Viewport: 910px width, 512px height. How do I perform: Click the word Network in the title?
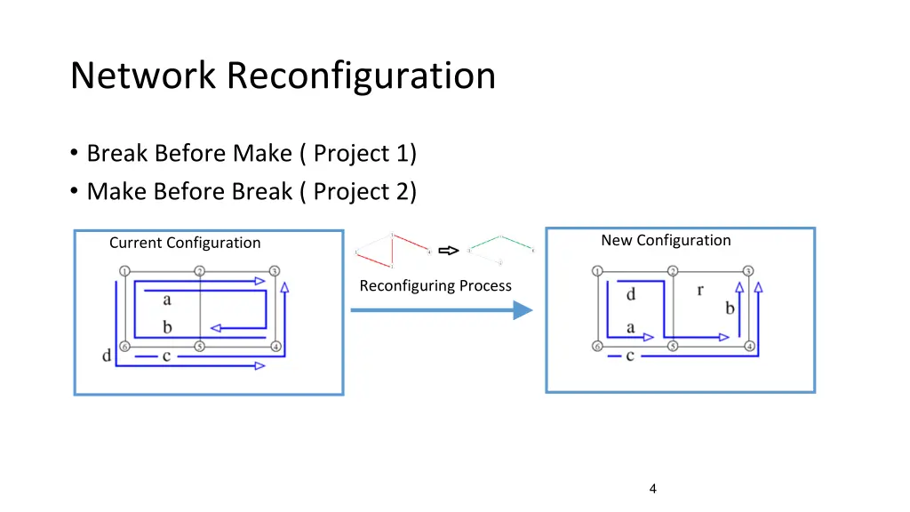(x=143, y=76)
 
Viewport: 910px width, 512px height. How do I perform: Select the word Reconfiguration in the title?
(x=361, y=76)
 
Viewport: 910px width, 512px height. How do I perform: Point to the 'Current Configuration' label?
(x=185, y=243)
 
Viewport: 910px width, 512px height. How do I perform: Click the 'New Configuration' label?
(x=666, y=240)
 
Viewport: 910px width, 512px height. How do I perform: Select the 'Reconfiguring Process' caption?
(x=435, y=286)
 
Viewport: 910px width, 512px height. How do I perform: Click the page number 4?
(x=653, y=488)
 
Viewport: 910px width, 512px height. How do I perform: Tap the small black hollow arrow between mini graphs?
(x=450, y=251)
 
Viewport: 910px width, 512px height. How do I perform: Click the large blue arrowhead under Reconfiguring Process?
(x=523, y=310)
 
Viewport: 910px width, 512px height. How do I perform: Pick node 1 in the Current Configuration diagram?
(x=125, y=271)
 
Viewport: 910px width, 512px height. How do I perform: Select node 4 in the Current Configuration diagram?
(x=276, y=346)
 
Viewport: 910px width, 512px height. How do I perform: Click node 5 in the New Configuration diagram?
(x=673, y=346)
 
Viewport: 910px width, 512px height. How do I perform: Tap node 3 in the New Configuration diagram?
(x=748, y=271)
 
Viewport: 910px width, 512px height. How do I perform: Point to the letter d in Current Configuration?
(x=107, y=356)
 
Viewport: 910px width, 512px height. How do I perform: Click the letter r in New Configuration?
(x=700, y=290)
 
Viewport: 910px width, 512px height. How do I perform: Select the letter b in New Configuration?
(x=730, y=308)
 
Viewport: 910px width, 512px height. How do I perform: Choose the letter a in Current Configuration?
(x=167, y=300)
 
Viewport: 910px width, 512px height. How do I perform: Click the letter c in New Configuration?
(x=630, y=356)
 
